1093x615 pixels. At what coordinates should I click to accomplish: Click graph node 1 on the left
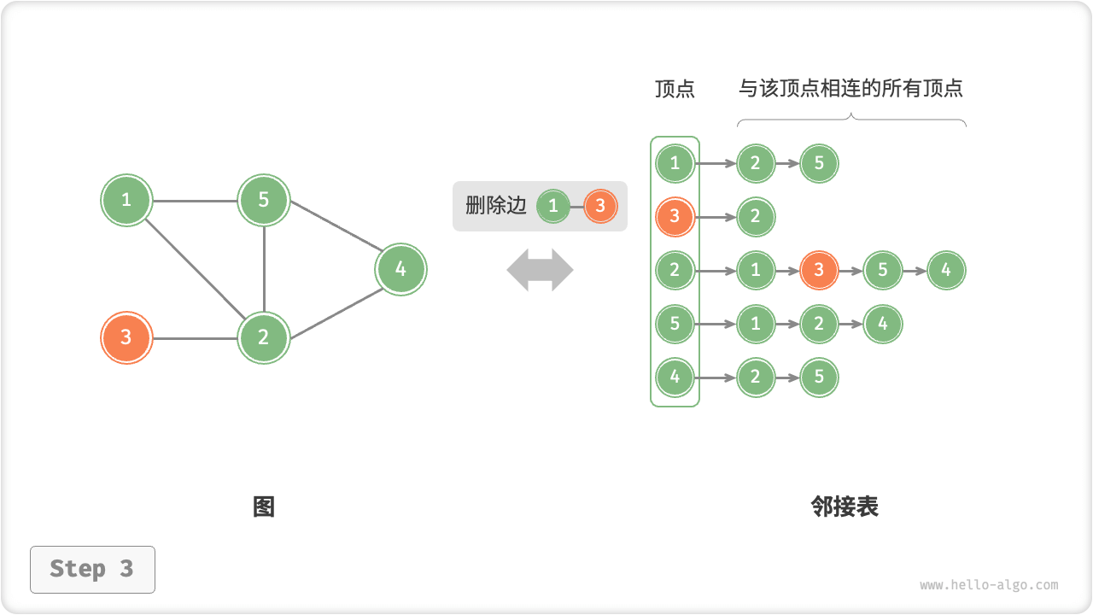[126, 200]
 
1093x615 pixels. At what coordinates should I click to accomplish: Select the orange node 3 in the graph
[126, 337]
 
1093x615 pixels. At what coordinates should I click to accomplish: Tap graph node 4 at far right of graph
[400, 269]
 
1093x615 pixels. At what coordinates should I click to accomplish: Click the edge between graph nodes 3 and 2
[195, 338]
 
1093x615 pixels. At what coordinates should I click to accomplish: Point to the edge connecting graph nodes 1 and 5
[195, 201]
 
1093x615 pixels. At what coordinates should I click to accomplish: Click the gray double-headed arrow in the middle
[540, 270]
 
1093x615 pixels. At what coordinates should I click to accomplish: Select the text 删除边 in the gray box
[496, 206]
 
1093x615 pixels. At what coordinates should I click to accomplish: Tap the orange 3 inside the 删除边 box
[600, 206]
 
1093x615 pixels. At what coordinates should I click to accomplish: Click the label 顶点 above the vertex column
[675, 89]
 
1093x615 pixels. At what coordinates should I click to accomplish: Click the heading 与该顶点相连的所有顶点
[850, 88]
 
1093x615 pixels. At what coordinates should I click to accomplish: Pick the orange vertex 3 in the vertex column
[675, 217]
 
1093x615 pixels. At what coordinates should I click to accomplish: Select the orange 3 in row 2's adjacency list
[819, 271]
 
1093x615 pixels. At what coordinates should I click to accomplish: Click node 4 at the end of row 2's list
[946, 271]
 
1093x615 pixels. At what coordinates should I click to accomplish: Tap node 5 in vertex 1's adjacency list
[819, 163]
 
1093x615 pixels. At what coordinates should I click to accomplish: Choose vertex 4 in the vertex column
[675, 378]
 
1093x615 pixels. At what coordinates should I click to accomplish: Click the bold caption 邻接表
[845, 507]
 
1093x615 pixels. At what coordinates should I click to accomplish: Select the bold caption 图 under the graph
[264, 507]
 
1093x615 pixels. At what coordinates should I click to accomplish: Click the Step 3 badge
[92, 569]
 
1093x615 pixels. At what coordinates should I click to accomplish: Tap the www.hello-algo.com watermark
[989, 585]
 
